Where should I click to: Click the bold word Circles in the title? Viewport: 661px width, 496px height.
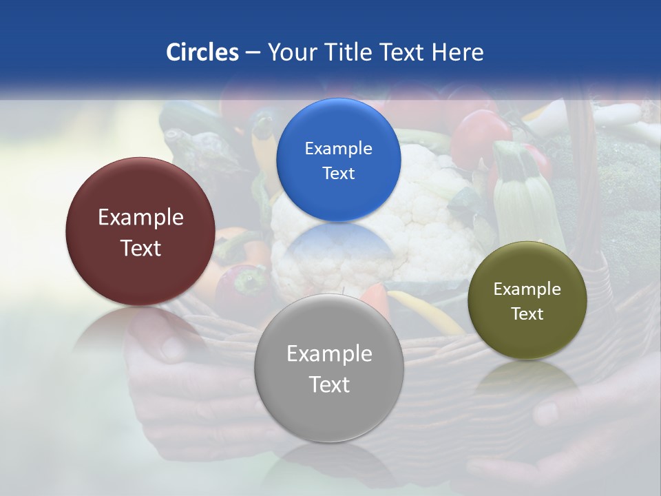pyautogui.click(x=202, y=52)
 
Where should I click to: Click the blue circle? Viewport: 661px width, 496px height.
pyautogui.click(x=338, y=160)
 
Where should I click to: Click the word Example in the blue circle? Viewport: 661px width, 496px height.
pyautogui.click(x=338, y=149)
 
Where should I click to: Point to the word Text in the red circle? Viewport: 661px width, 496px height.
pyautogui.click(x=140, y=248)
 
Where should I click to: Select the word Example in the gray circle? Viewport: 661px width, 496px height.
pyautogui.click(x=329, y=354)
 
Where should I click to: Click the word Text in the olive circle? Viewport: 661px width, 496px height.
pyautogui.click(x=527, y=314)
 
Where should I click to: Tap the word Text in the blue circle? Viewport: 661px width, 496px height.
pyautogui.click(x=338, y=174)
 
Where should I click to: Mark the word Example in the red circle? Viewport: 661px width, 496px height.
pyautogui.click(x=140, y=218)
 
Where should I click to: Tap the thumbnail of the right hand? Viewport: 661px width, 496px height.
pyautogui.click(x=547, y=413)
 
